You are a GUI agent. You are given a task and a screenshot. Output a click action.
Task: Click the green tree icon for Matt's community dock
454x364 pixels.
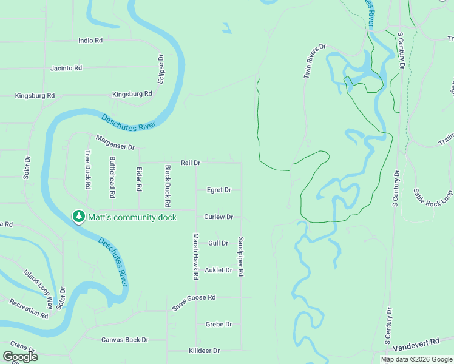click(78, 217)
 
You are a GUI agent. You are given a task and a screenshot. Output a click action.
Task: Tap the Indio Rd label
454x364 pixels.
click(90, 41)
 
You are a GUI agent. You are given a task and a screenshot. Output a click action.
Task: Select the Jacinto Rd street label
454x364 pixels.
click(66, 68)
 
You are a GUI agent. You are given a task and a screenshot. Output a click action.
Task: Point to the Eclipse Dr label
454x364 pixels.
click(161, 69)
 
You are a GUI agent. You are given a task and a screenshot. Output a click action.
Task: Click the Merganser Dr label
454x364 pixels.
click(115, 141)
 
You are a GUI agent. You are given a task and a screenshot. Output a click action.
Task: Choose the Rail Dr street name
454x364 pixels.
click(191, 163)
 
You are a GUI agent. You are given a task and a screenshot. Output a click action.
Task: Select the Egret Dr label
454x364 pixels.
click(219, 190)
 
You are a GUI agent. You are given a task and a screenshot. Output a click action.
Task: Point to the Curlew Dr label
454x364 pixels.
click(219, 217)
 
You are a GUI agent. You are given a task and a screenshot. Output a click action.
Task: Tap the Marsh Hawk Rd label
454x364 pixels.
click(195, 256)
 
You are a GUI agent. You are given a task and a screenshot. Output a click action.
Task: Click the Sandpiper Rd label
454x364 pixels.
click(241, 257)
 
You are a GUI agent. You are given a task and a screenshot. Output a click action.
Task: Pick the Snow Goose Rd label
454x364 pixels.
click(194, 302)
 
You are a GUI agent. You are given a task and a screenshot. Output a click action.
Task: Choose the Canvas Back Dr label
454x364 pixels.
click(124, 340)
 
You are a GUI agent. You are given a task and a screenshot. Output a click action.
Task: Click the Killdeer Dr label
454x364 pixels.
click(204, 351)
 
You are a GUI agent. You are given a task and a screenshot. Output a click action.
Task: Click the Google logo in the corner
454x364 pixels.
click(20, 357)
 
